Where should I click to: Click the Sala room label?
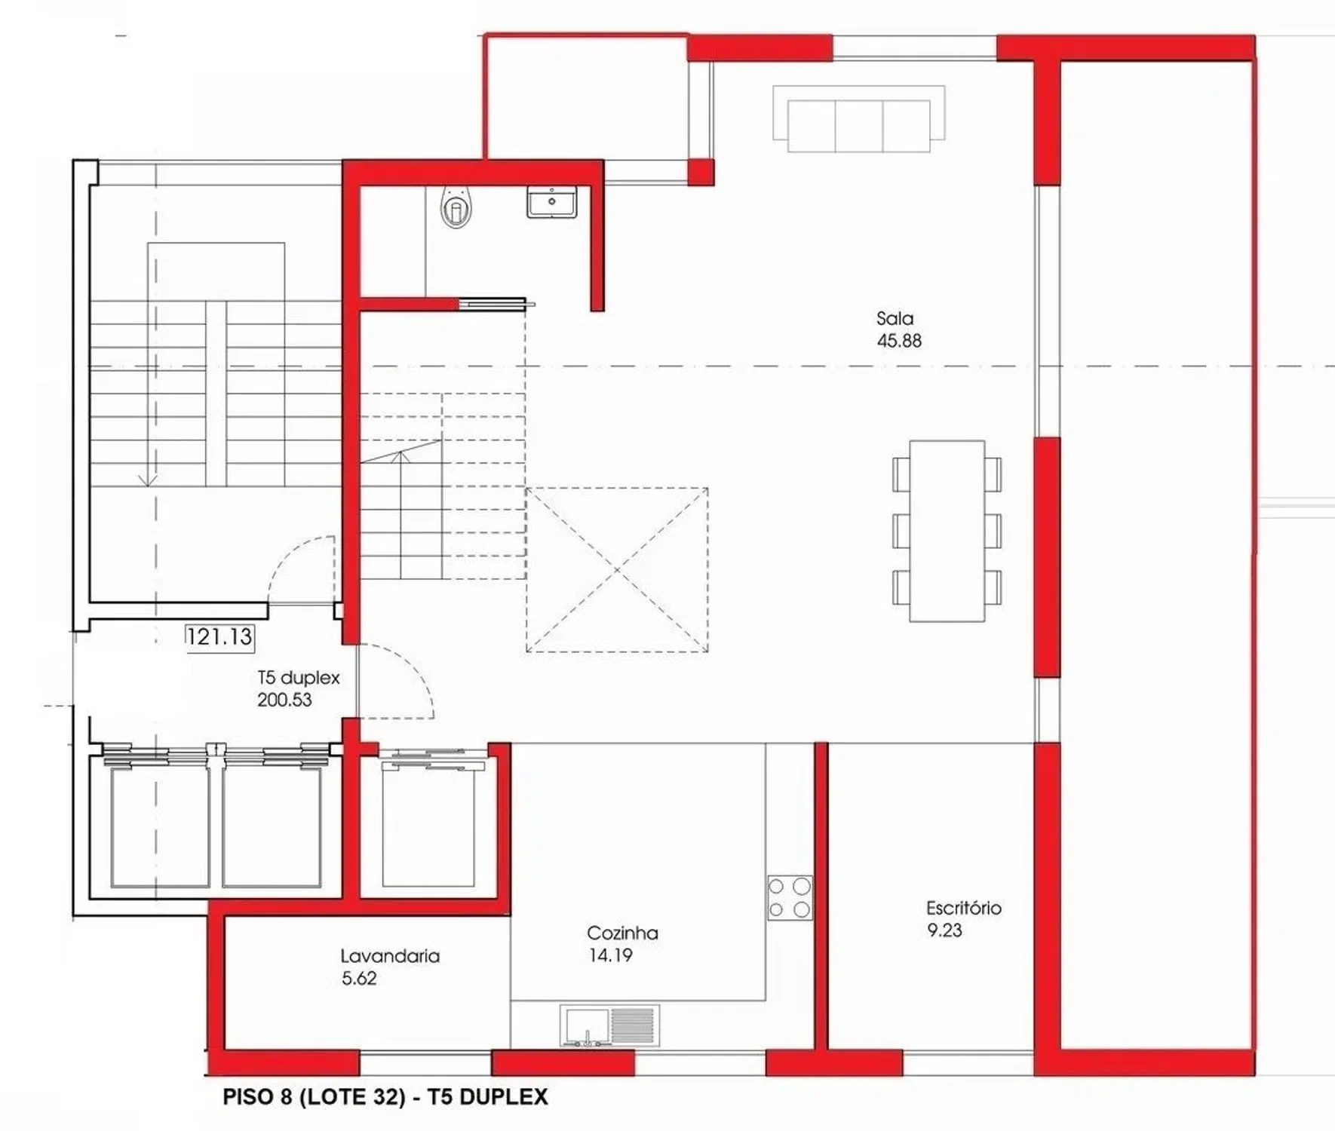click(895, 318)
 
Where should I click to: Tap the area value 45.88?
click(899, 341)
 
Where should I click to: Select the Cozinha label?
click(622, 933)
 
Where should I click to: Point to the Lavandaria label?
click(390, 956)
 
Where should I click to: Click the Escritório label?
click(964, 908)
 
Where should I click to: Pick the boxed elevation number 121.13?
click(219, 637)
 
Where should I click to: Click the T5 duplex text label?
click(299, 678)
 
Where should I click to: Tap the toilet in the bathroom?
click(456, 207)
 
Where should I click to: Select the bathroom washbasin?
click(552, 202)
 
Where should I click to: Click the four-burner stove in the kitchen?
click(790, 897)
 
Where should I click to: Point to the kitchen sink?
click(609, 1025)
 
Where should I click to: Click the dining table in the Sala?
click(947, 531)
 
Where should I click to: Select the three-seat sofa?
click(859, 119)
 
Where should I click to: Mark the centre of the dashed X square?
click(617, 570)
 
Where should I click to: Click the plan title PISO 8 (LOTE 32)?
click(315, 1097)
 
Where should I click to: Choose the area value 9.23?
click(944, 930)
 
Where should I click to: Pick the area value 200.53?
click(284, 700)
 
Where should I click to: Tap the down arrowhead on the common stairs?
click(149, 480)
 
